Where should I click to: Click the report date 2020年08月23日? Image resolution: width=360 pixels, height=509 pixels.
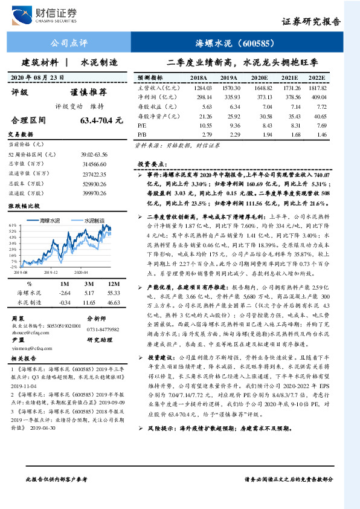coord(38,78)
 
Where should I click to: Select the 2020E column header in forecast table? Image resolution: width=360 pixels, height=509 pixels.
coord(259,79)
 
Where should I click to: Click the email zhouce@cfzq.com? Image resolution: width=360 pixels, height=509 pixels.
coord(29,332)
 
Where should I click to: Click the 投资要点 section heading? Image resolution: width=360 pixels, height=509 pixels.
coord(151,164)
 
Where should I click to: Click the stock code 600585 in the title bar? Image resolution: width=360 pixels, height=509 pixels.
coord(257,43)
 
